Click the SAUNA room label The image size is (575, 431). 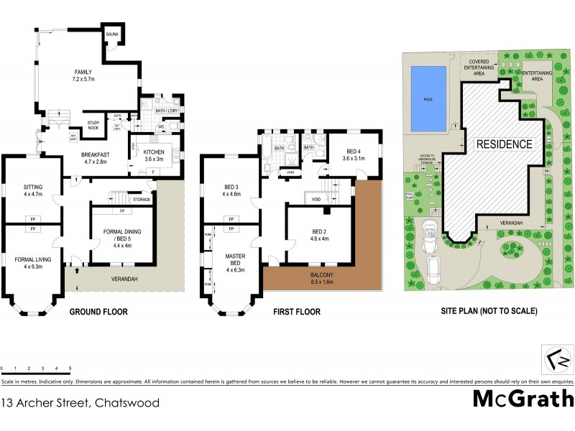[112, 34]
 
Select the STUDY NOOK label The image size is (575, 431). [94, 126]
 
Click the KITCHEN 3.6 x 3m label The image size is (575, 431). [155, 155]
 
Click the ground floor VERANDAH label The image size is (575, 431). [124, 279]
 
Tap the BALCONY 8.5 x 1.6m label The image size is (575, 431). [316, 278]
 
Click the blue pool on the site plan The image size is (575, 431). [428, 99]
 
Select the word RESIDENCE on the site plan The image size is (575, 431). [504, 144]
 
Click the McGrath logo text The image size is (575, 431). [523, 399]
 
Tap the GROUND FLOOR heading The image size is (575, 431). [98, 312]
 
